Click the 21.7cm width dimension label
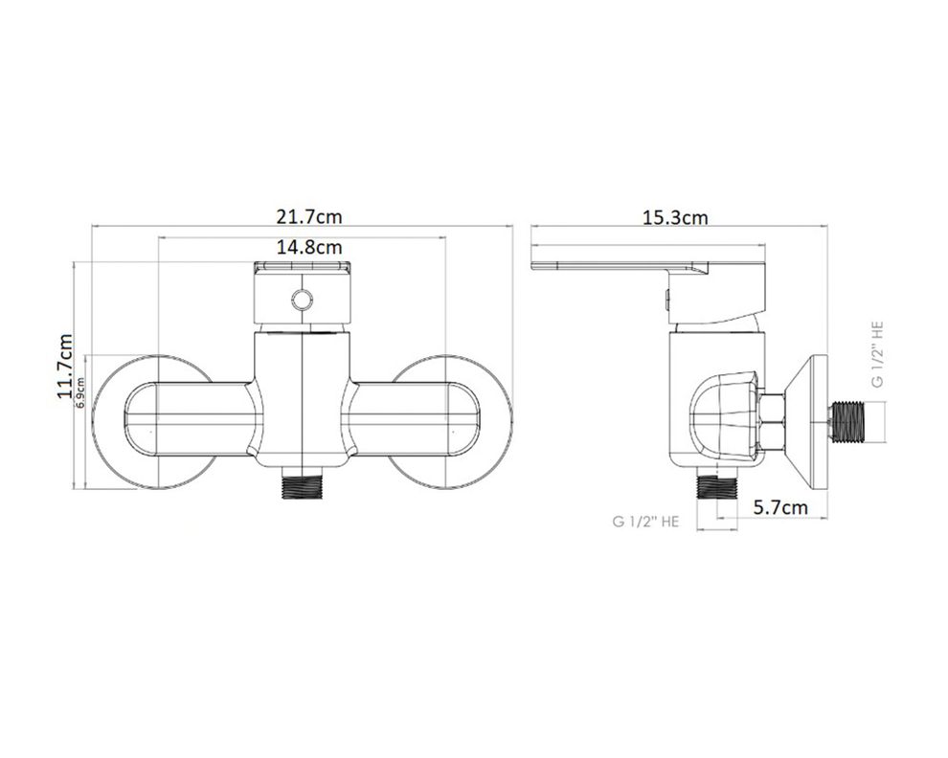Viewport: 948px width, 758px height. [x=309, y=215]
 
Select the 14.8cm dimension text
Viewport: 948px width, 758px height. [x=309, y=247]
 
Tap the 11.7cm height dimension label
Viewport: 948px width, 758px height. [x=65, y=366]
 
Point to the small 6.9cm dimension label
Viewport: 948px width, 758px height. [x=79, y=391]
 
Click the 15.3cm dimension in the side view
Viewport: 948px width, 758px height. [x=675, y=217]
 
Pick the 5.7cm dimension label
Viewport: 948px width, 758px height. [x=780, y=507]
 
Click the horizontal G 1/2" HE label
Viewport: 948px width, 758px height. [x=645, y=521]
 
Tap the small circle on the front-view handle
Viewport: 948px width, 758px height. [x=302, y=300]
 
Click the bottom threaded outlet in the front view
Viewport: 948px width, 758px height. [x=303, y=482]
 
